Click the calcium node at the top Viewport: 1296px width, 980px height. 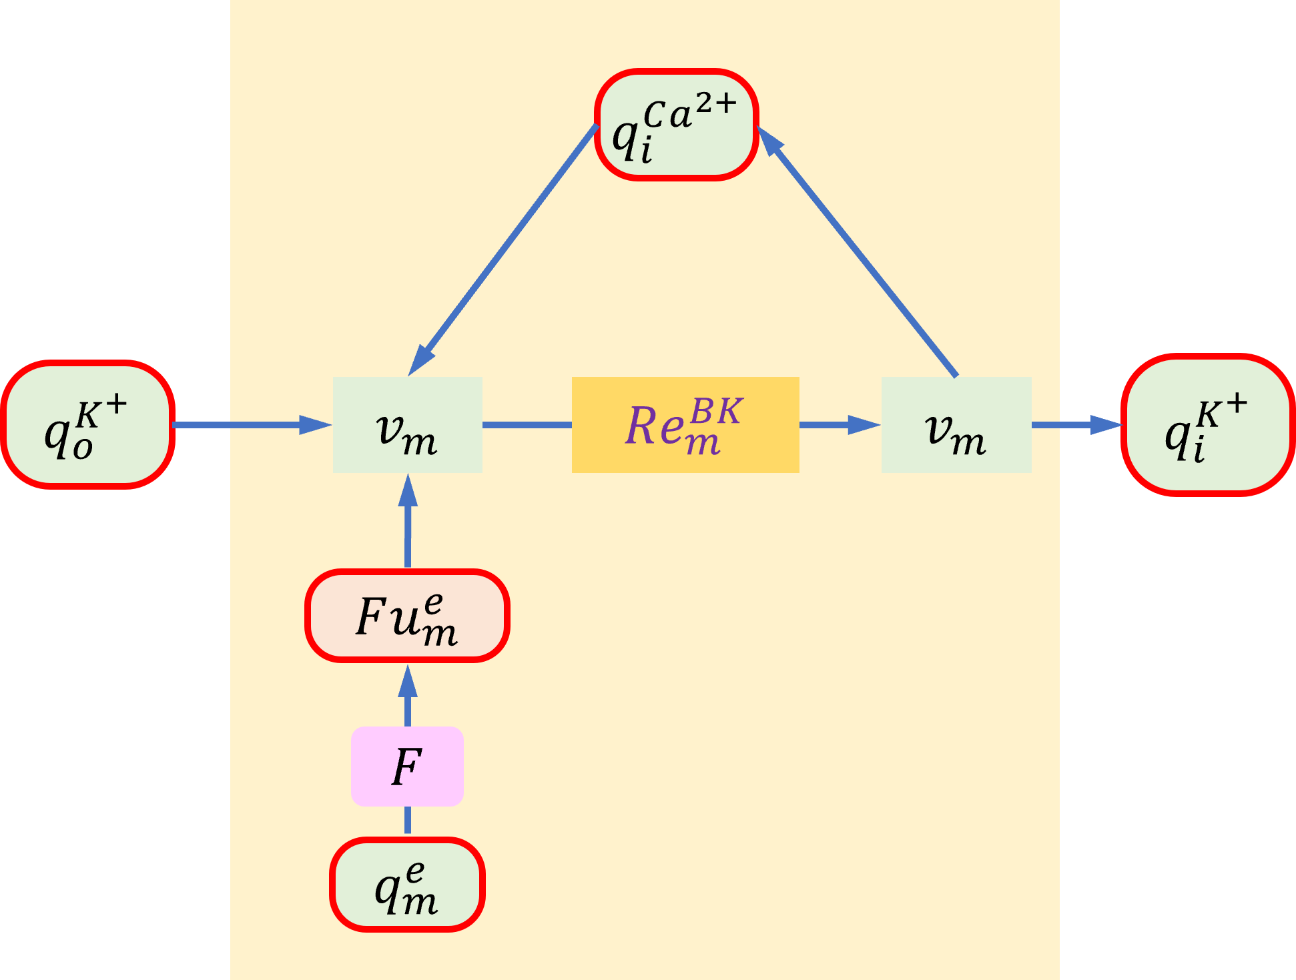pos(676,125)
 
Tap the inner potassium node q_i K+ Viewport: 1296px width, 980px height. pos(1209,425)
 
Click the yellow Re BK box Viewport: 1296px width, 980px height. pos(685,425)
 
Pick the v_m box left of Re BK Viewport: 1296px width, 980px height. pos(408,425)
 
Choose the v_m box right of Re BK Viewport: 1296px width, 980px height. pos(956,425)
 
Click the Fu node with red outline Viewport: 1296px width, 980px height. pos(408,616)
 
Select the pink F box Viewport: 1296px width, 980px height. pos(407,767)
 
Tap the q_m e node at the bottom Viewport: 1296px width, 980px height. pos(407,885)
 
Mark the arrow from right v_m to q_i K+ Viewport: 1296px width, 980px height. pos(1076,425)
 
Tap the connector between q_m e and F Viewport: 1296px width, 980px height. pos(408,821)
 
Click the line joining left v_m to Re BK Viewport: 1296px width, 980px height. pos(527,425)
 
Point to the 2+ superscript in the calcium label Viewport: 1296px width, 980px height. pos(716,103)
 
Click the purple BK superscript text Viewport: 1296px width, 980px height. pos(716,411)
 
